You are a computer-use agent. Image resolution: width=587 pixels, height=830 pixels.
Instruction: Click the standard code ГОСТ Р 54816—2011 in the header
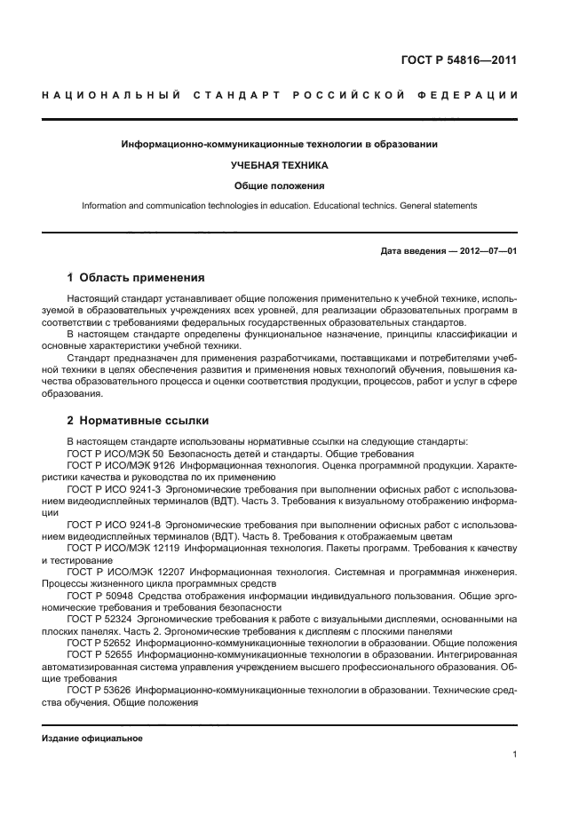(461, 61)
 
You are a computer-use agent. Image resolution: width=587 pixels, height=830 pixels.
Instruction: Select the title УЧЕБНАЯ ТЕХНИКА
(279, 165)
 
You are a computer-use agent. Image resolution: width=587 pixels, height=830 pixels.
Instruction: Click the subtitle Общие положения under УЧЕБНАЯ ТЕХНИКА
(279, 186)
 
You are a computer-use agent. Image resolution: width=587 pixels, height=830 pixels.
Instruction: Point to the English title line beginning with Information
(279, 205)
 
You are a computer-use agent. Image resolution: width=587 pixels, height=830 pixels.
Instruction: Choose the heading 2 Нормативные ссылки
(138, 421)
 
